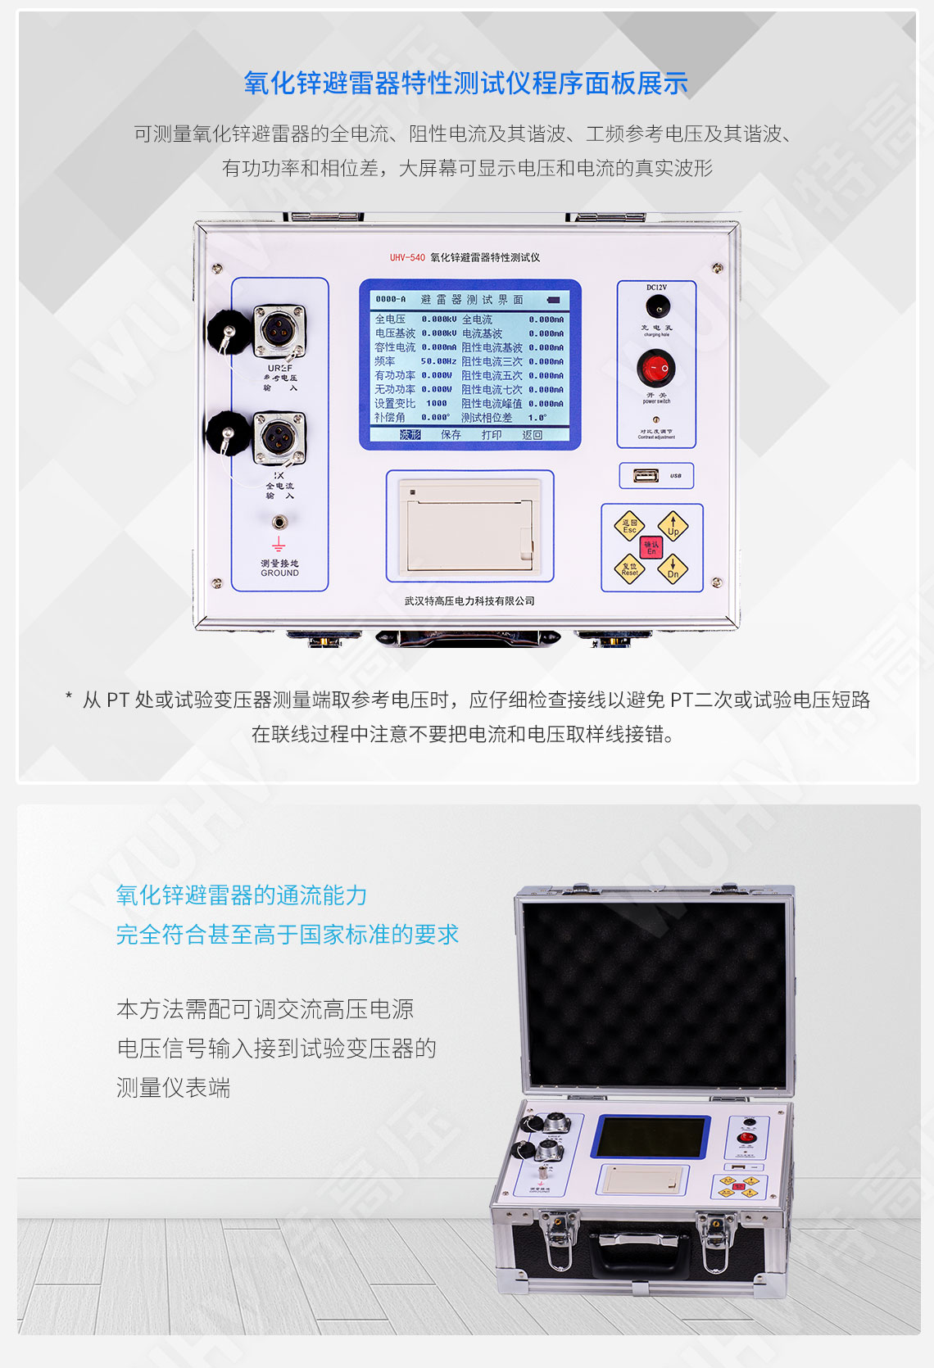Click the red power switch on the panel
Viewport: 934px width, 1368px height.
coord(656,369)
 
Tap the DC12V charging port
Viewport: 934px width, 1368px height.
coord(656,307)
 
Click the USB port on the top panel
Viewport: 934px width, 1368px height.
coord(646,475)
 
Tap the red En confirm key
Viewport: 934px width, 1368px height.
coord(651,547)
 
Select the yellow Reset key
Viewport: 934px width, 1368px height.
coord(629,568)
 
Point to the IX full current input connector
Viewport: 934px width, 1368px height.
coord(279,438)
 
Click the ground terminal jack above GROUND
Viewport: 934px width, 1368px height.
coord(279,521)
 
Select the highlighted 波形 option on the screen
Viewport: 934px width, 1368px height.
coord(410,435)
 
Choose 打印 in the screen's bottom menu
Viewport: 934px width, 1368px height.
coord(492,435)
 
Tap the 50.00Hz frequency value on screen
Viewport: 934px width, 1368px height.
coord(438,361)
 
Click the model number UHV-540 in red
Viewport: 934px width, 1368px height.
coord(407,258)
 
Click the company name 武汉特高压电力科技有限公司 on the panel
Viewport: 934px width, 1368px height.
coord(469,601)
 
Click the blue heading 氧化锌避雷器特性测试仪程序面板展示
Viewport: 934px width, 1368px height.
coord(466,84)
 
